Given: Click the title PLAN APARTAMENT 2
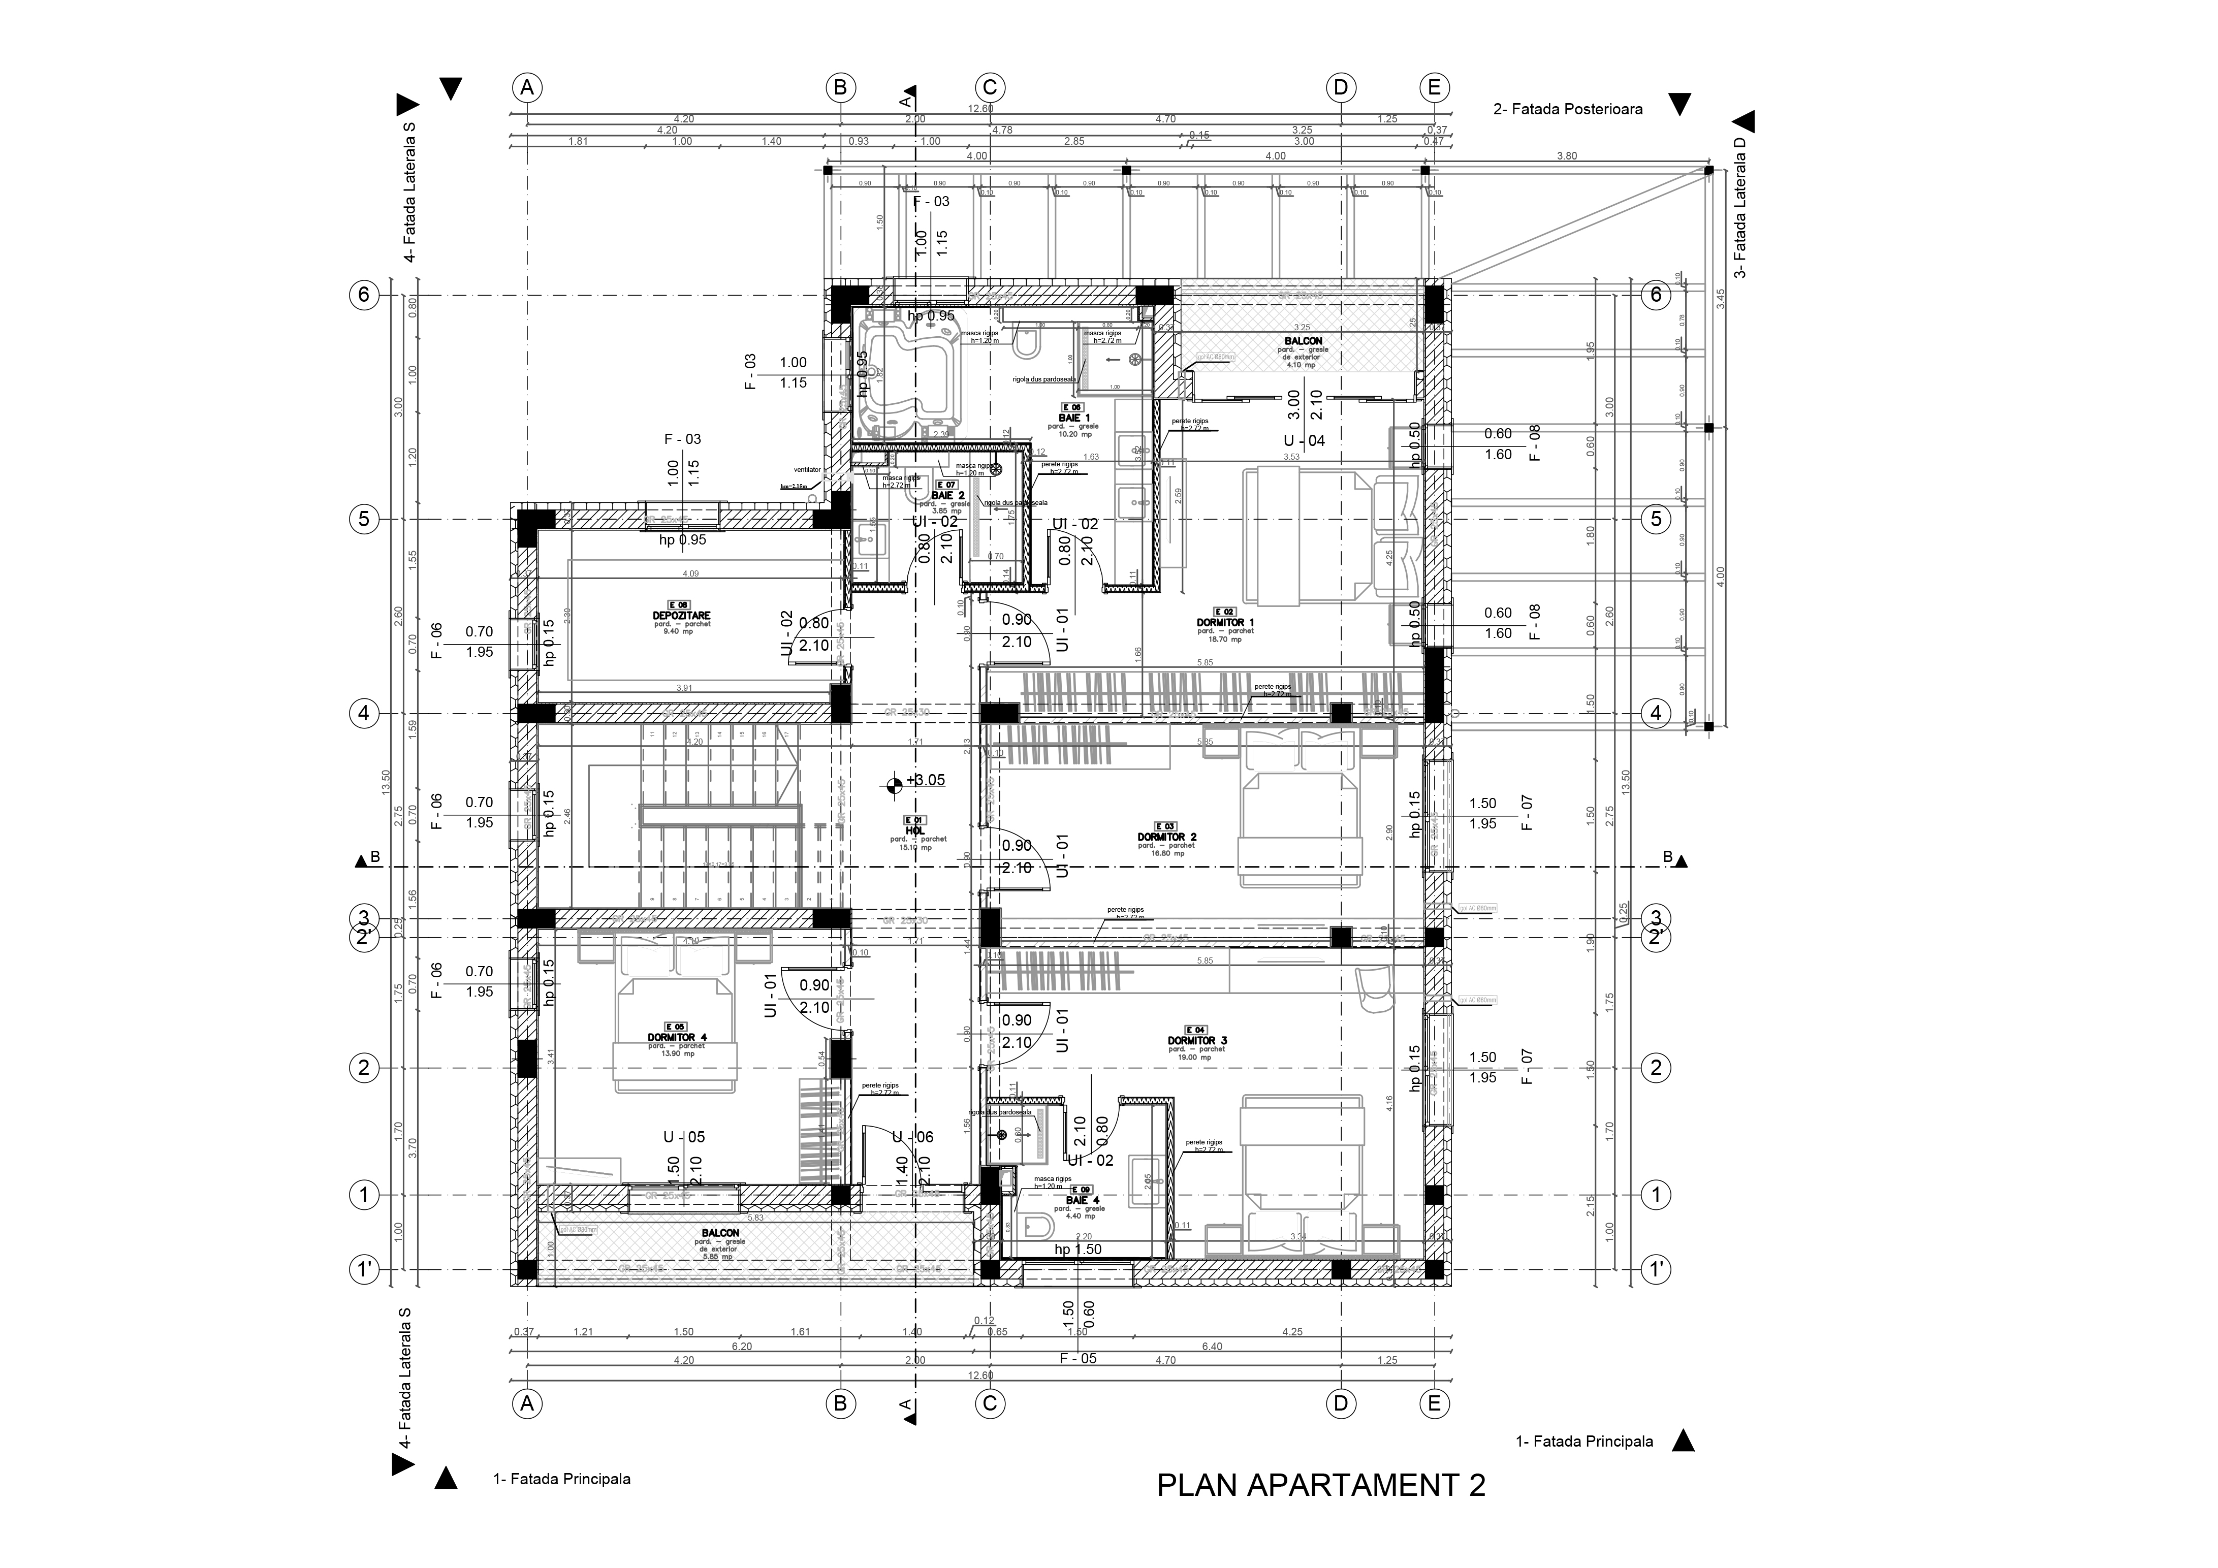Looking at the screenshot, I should click(1320, 1485).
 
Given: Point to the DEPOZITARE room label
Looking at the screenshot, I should click(681, 616).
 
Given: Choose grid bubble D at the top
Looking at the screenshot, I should click(1340, 88).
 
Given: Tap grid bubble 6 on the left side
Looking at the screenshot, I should click(364, 295).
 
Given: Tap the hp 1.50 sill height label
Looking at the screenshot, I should click(1077, 1249).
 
